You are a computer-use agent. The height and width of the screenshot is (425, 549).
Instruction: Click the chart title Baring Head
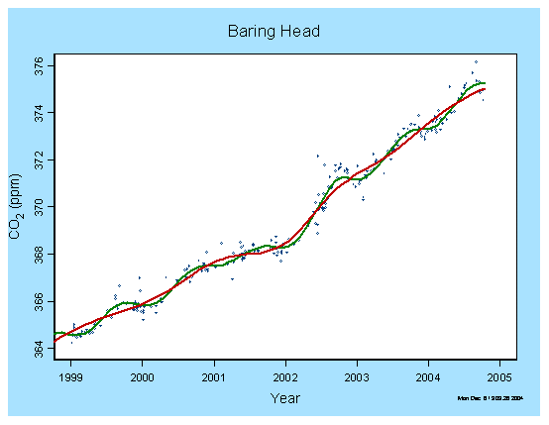pyautogui.click(x=274, y=33)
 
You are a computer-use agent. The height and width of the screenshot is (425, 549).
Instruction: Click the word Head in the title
pyautogui.click(x=299, y=33)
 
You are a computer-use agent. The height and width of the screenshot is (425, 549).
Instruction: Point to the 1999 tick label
pyautogui.click(x=70, y=377)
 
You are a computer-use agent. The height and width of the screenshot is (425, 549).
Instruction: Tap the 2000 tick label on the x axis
pyautogui.click(x=142, y=377)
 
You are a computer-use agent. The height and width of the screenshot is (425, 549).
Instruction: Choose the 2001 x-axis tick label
pyautogui.click(x=214, y=377)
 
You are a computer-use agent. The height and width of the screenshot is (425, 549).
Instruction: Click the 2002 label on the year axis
pyautogui.click(x=285, y=377)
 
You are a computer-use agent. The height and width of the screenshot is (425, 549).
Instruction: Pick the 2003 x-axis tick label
pyautogui.click(x=357, y=377)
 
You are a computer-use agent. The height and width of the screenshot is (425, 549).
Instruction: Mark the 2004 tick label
pyautogui.click(x=428, y=377)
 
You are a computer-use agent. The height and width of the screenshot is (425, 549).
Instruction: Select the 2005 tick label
pyautogui.click(x=499, y=377)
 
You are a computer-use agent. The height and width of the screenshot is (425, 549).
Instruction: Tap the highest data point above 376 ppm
pyautogui.click(x=476, y=62)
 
